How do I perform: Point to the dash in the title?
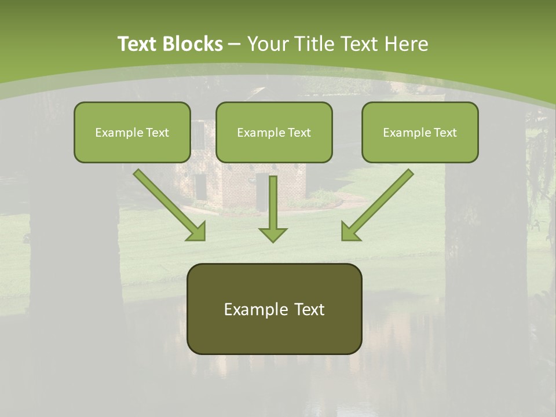[x=235, y=44]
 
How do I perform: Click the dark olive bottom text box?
[x=274, y=333]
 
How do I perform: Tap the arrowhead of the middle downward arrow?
[x=273, y=234]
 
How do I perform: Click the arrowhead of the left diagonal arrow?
[x=197, y=232]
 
